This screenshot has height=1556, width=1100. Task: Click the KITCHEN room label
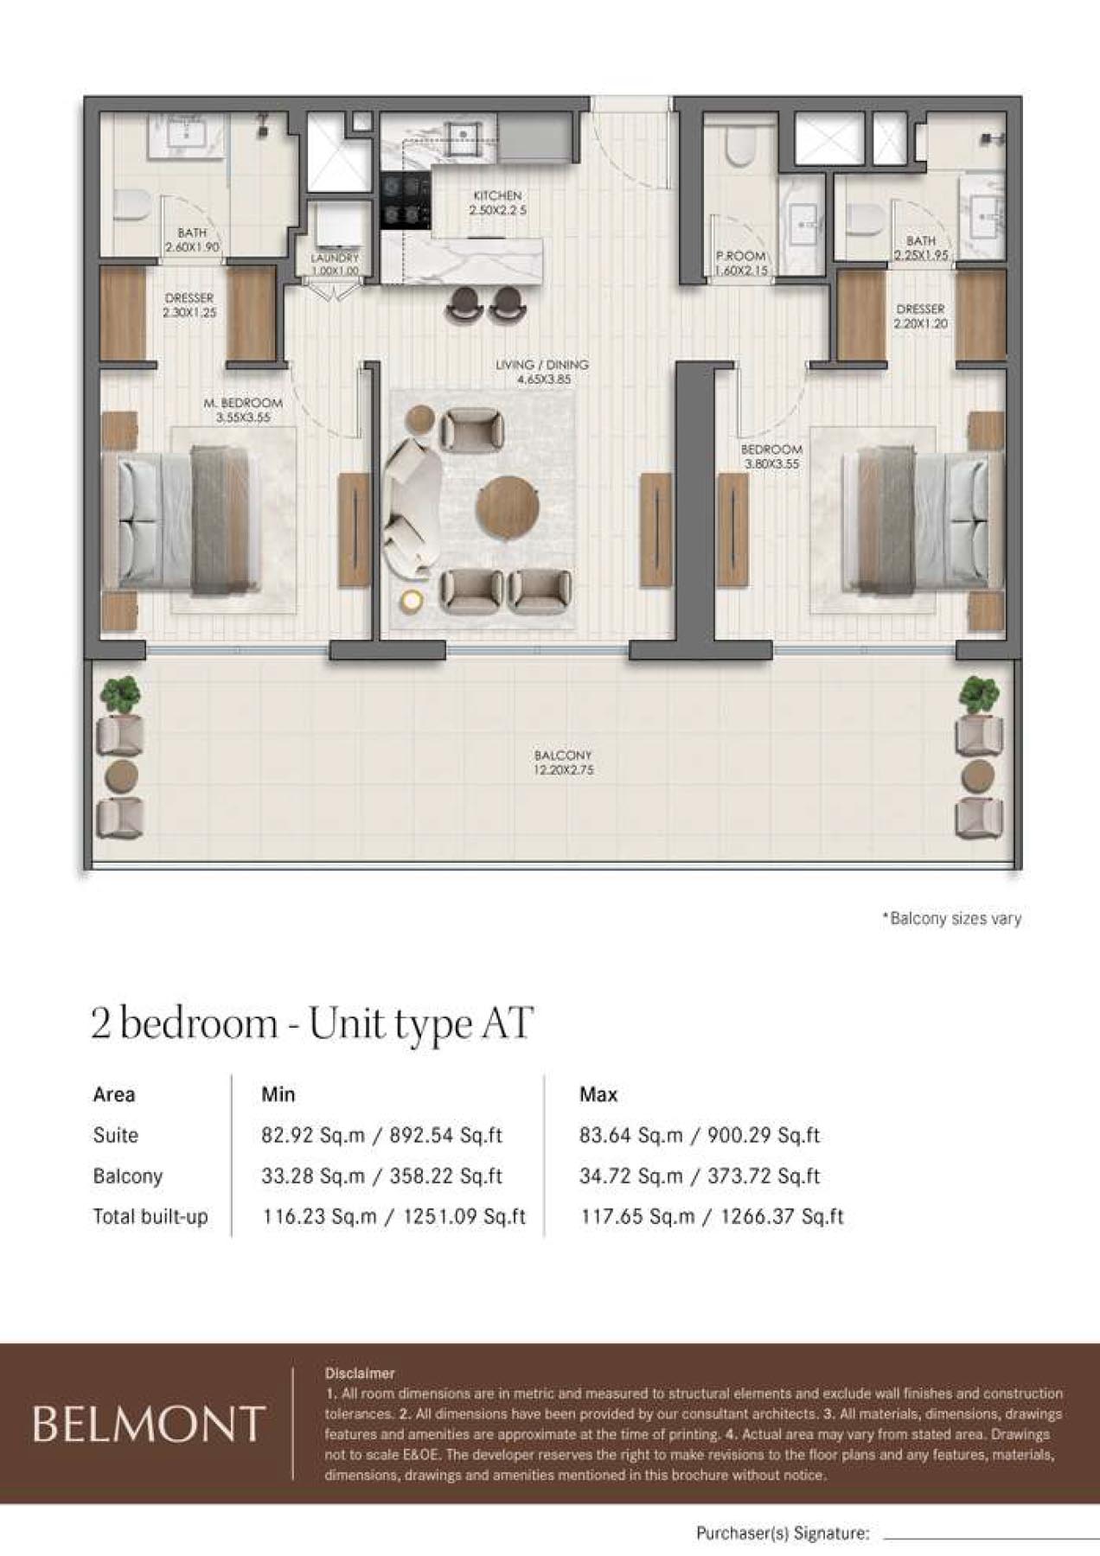point(497,196)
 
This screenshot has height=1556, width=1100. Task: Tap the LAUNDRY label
point(335,258)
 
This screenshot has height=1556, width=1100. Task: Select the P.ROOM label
point(741,257)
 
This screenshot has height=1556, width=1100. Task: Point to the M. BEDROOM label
point(243,403)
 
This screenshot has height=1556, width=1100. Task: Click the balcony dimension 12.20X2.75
point(563,769)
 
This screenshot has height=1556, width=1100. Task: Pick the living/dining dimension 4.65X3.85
point(542,379)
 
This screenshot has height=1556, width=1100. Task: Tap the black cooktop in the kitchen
point(406,201)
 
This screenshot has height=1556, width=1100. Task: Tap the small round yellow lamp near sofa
point(412,600)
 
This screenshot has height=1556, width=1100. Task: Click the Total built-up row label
point(150,1216)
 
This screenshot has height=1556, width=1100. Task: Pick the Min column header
point(278,1094)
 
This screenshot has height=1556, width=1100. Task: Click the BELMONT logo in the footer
point(147,1425)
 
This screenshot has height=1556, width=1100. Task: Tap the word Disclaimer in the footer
point(360,1373)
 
